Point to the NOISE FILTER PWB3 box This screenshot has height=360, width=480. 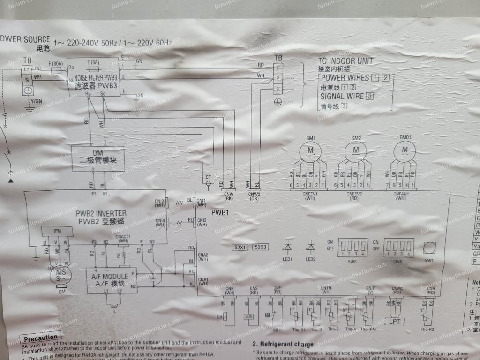(x=93, y=77)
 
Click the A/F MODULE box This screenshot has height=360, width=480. (x=112, y=280)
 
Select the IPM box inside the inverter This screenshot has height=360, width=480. (x=57, y=231)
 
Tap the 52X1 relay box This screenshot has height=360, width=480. (x=240, y=247)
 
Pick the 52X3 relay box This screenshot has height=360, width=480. (x=260, y=247)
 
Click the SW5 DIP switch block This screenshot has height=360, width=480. (x=398, y=245)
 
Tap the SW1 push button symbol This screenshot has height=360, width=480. (x=429, y=247)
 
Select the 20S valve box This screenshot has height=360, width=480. (x=248, y=316)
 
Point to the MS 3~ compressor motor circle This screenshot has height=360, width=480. (x=60, y=275)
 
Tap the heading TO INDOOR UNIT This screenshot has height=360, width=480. (x=345, y=60)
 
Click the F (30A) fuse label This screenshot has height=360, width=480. (x=55, y=63)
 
